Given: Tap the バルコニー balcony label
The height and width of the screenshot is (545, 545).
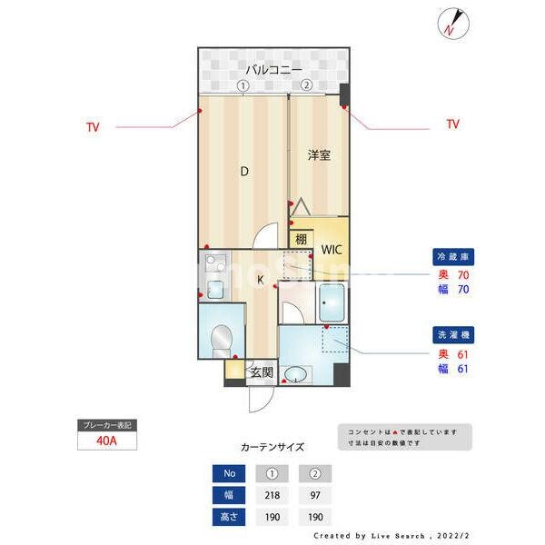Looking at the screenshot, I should (272, 69).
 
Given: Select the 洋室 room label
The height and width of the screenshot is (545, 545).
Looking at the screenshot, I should (318, 154).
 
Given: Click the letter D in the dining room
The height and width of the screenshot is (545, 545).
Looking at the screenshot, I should (243, 171).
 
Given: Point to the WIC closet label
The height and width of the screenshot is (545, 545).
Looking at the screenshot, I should (328, 248).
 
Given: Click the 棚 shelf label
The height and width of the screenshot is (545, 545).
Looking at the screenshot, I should (300, 240).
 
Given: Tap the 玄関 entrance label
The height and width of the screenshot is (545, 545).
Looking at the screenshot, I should (263, 371).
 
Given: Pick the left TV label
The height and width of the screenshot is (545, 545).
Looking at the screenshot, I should (93, 127).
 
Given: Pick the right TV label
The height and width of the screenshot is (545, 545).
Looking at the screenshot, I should (452, 124).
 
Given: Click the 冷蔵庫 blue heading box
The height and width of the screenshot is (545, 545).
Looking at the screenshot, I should (451, 258).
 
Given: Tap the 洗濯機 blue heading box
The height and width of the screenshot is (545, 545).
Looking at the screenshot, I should (451, 335).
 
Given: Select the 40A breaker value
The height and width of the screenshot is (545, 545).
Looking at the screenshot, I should (104, 442).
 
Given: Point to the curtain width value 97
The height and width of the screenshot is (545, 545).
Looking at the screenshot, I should (314, 496).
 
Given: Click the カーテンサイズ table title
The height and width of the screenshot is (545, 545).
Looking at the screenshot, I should (272, 447).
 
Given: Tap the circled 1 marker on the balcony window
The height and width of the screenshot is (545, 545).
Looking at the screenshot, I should (243, 84).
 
